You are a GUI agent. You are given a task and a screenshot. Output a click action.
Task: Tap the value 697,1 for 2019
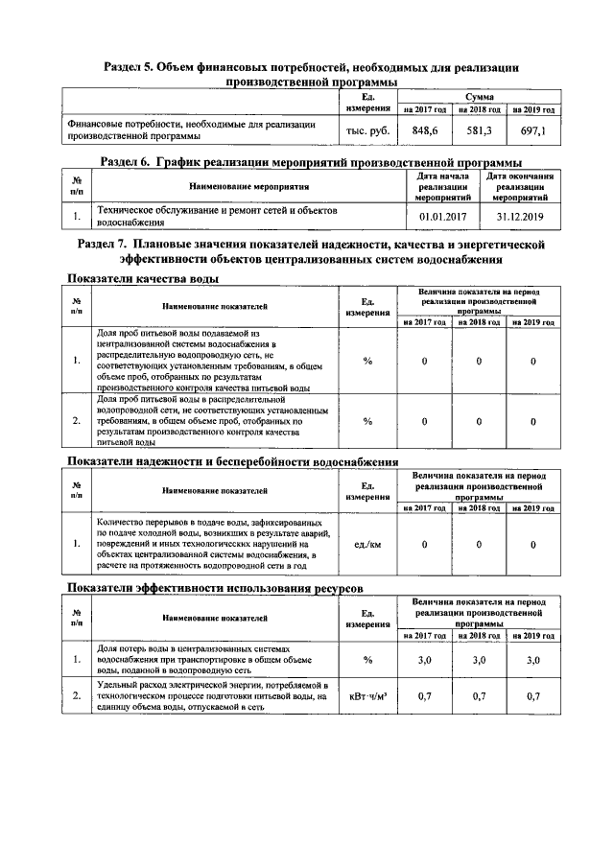point(532,130)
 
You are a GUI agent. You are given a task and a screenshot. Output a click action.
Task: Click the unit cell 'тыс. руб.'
point(367,130)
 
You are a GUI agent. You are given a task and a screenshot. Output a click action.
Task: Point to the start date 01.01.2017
point(441,217)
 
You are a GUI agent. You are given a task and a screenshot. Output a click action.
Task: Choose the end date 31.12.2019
point(519,217)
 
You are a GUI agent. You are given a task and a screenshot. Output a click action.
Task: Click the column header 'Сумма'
point(479,97)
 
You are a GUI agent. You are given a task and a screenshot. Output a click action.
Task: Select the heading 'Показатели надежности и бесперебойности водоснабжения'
point(231,462)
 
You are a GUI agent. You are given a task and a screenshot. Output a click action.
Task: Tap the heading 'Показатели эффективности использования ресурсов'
point(214,587)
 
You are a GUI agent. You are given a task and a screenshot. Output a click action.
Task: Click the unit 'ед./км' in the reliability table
point(367,545)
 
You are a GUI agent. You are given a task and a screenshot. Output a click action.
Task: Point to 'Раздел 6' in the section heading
point(129,161)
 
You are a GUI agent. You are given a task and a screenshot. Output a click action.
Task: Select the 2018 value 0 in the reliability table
point(479,545)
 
